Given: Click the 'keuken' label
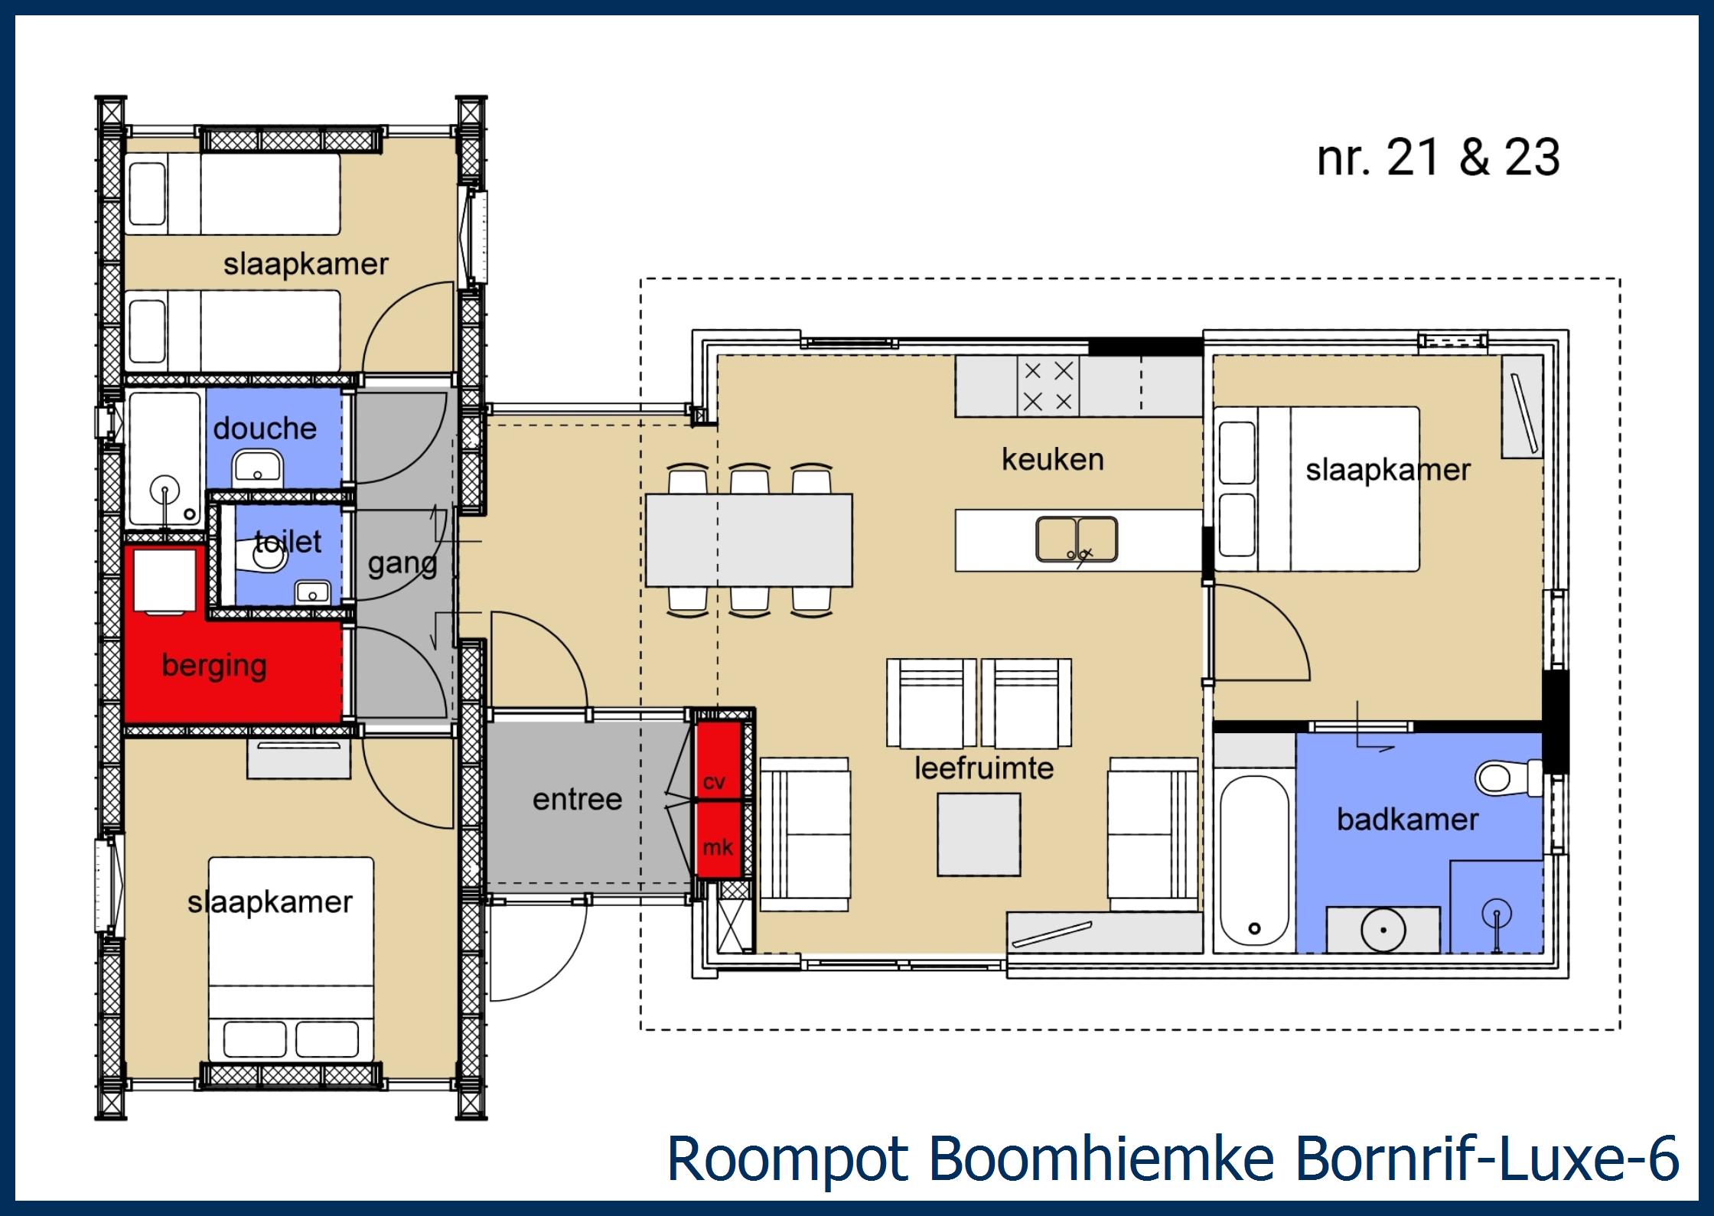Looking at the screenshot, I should pos(1052,460).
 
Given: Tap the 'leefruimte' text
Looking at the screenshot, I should pos(984,768).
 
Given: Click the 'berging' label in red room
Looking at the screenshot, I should pos(214,666).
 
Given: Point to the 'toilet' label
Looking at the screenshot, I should pos(288,542).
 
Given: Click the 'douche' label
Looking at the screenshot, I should pos(265,429).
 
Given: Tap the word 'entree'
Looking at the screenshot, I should pos(577,800).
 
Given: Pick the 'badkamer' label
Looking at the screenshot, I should pos(1407,820).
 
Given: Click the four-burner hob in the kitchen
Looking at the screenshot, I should pos(1048,387).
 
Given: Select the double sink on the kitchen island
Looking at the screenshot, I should pos(1077,540).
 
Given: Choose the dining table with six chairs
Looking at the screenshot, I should pos(748,540).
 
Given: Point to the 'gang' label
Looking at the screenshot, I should pos(402,564).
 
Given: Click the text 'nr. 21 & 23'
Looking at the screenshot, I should pos(1438,158).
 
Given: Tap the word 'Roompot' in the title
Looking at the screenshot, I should pos(788,1159).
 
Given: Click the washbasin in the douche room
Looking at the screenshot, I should pos(258,468).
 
